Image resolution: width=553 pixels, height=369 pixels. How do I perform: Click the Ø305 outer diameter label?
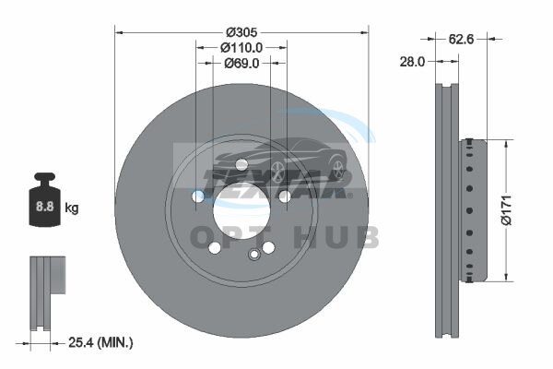click(x=241, y=32)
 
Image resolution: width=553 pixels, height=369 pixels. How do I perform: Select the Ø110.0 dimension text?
click(x=241, y=47)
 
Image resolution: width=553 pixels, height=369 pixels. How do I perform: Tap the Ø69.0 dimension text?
click(x=241, y=64)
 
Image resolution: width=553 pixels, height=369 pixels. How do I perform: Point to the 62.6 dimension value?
click(x=462, y=39)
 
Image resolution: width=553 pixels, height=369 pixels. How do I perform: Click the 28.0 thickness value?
click(x=412, y=62)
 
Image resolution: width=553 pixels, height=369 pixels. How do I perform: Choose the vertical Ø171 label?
click(x=506, y=210)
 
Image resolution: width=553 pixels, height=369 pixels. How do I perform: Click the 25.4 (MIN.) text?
click(x=100, y=342)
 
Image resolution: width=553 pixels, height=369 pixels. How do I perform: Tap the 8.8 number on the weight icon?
click(x=45, y=207)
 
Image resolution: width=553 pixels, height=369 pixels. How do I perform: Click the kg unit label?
click(x=72, y=208)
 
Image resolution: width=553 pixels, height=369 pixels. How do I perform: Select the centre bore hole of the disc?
click(x=241, y=211)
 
